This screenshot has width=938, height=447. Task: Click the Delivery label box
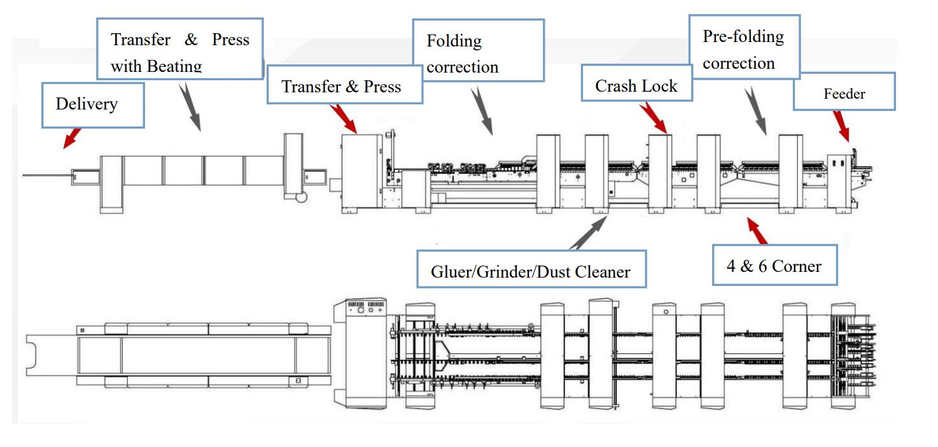tap(93, 104)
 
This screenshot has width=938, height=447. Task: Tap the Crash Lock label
tap(636, 86)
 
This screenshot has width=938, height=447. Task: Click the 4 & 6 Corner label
tap(774, 266)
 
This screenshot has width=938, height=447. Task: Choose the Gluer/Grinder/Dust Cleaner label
tap(530, 272)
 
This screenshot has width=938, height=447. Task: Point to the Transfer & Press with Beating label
tap(179, 52)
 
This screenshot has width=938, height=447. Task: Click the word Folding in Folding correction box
tap(454, 41)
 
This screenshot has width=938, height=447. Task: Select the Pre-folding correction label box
tap(744, 50)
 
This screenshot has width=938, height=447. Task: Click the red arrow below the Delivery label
tap(73, 138)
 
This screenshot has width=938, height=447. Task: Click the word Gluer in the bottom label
tap(450, 272)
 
